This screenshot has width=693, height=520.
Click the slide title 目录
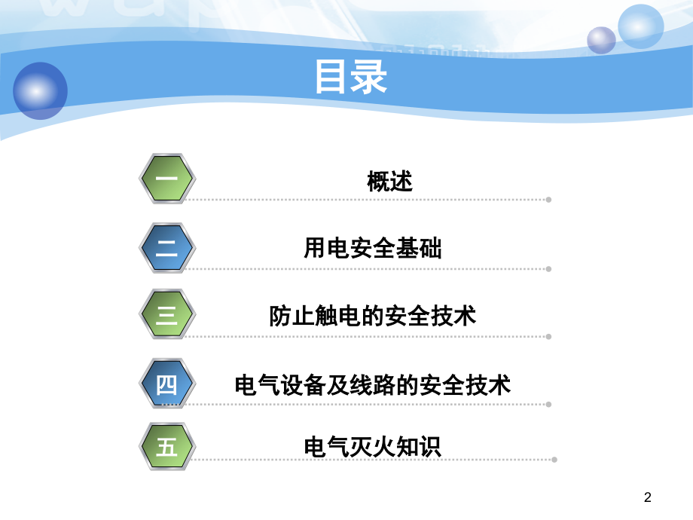click(351, 77)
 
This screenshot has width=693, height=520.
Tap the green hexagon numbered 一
click(167, 179)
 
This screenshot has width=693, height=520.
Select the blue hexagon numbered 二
click(167, 248)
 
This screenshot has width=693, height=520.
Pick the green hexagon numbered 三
click(167, 314)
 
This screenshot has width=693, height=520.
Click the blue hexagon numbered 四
click(167, 384)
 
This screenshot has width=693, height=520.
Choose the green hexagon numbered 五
click(167, 447)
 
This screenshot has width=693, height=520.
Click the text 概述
click(390, 182)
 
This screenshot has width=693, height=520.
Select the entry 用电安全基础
click(373, 248)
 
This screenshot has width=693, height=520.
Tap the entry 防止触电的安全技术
click(373, 316)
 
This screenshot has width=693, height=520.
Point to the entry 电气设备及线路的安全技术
click(373, 384)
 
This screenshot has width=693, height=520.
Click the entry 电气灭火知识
click(373, 447)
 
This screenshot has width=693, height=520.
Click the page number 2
click(648, 497)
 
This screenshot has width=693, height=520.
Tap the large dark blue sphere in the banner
click(40, 90)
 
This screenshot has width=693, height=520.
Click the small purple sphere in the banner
click(602, 40)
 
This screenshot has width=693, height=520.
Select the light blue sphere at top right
click(641, 26)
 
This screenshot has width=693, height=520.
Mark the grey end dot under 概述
click(548, 200)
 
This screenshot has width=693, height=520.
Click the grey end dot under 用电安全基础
click(548, 269)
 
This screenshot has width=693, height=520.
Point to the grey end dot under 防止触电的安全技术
click(548, 337)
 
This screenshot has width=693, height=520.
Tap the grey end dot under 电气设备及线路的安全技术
click(548, 405)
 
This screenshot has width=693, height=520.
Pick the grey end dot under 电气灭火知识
click(554, 460)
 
